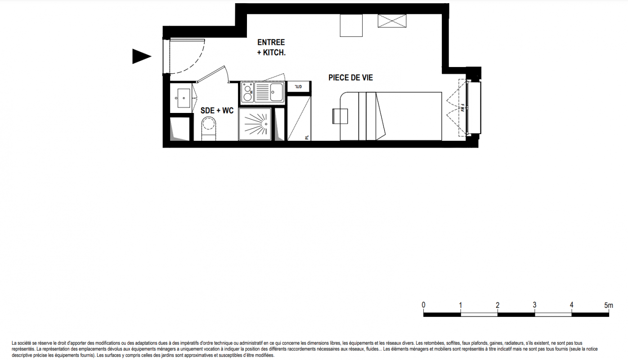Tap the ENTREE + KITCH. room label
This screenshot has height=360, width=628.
point(271,47)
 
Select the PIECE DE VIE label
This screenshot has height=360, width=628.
point(351,78)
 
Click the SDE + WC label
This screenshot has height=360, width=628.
point(217,110)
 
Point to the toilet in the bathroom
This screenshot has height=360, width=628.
point(209,129)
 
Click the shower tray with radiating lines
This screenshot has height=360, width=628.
point(255,124)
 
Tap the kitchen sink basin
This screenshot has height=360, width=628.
point(276,92)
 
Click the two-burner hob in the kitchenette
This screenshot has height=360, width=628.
point(247,92)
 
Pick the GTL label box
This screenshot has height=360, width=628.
point(299,86)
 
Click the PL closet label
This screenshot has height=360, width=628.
point(307,138)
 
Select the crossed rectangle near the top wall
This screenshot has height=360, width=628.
point(392,21)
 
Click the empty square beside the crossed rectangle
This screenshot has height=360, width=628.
point(351,25)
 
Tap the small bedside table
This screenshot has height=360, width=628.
point(340,116)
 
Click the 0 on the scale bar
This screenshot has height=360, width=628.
point(423,305)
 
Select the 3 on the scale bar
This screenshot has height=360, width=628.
point(534,305)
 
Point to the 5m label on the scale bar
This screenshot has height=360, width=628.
point(608,305)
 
